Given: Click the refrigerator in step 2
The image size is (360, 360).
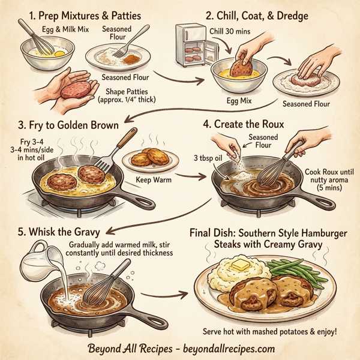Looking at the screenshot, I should (192, 45).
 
